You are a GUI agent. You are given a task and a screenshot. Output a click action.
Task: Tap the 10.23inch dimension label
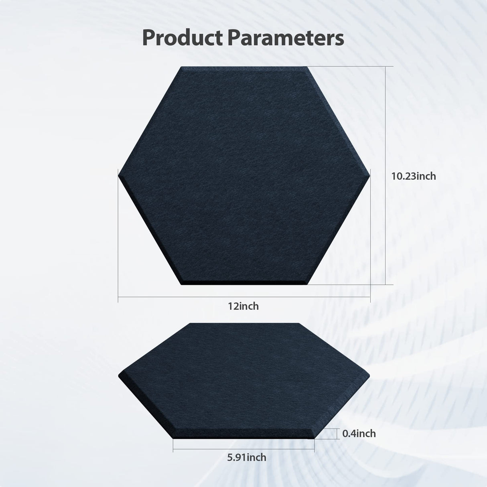tap(414, 176)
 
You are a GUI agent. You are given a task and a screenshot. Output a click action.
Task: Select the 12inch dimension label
tap(243, 306)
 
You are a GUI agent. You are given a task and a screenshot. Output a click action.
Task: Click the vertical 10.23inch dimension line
tap(386, 120)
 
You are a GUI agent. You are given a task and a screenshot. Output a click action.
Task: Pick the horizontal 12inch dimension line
tap(181, 297)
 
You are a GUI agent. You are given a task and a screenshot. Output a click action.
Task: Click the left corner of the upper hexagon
tap(119, 175)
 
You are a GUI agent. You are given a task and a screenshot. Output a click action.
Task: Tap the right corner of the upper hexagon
tap(369, 175)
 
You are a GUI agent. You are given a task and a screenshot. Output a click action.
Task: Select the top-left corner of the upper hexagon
tap(182, 67)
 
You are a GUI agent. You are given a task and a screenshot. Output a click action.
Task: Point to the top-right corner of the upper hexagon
tap(307, 67)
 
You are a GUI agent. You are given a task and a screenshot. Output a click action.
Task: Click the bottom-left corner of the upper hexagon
tap(182, 284)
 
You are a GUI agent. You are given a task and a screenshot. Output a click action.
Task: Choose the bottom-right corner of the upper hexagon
tap(307, 284)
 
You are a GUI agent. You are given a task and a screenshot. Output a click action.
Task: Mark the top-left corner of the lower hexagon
tap(191, 323)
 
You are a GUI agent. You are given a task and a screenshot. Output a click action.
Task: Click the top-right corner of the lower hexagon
tap(299, 323)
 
